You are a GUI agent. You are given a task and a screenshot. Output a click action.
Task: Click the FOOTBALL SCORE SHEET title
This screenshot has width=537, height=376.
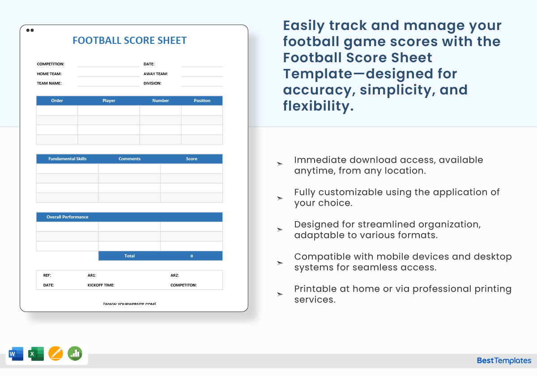tap(129, 40)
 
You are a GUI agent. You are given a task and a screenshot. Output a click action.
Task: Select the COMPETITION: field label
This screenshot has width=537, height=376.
tap(51, 64)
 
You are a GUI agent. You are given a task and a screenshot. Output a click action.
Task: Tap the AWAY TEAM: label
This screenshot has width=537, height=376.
tap(156, 74)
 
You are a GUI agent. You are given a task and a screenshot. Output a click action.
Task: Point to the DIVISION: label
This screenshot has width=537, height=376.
tap(153, 83)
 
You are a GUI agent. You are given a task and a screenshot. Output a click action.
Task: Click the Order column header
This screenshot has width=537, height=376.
tap(57, 101)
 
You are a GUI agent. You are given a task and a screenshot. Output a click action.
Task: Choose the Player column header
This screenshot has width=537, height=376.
tap(109, 101)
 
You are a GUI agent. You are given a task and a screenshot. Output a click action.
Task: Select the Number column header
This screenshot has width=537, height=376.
tap(160, 101)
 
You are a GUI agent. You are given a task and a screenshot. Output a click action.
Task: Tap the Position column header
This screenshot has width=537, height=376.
tap(202, 101)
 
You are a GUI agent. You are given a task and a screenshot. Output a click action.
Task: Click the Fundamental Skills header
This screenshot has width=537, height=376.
tap(67, 159)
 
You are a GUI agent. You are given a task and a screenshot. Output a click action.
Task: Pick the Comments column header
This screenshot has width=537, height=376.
tap(129, 159)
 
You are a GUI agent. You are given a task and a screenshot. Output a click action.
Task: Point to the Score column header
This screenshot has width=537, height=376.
tap(192, 159)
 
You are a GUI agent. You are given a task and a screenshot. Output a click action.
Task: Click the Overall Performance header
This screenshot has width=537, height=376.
tap(67, 217)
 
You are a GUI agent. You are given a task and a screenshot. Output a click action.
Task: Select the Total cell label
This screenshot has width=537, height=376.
tap(129, 256)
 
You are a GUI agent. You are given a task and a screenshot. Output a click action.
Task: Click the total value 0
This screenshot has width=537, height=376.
tap(192, 256)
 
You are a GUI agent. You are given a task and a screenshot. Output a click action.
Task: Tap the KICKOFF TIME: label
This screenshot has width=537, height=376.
tap(101, 285)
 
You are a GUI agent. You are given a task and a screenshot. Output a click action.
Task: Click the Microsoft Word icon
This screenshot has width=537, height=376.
tap(16, 354)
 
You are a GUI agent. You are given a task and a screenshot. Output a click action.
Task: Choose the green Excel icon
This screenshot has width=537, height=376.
tap(36, 354)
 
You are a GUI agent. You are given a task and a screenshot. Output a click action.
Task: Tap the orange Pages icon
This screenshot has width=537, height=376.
tap(55, 354)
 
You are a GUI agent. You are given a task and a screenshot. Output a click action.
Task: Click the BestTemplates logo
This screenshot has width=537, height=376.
tap(504, 361)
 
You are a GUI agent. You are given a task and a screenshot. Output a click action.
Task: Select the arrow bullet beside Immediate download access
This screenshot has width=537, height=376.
tap(280, 164)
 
